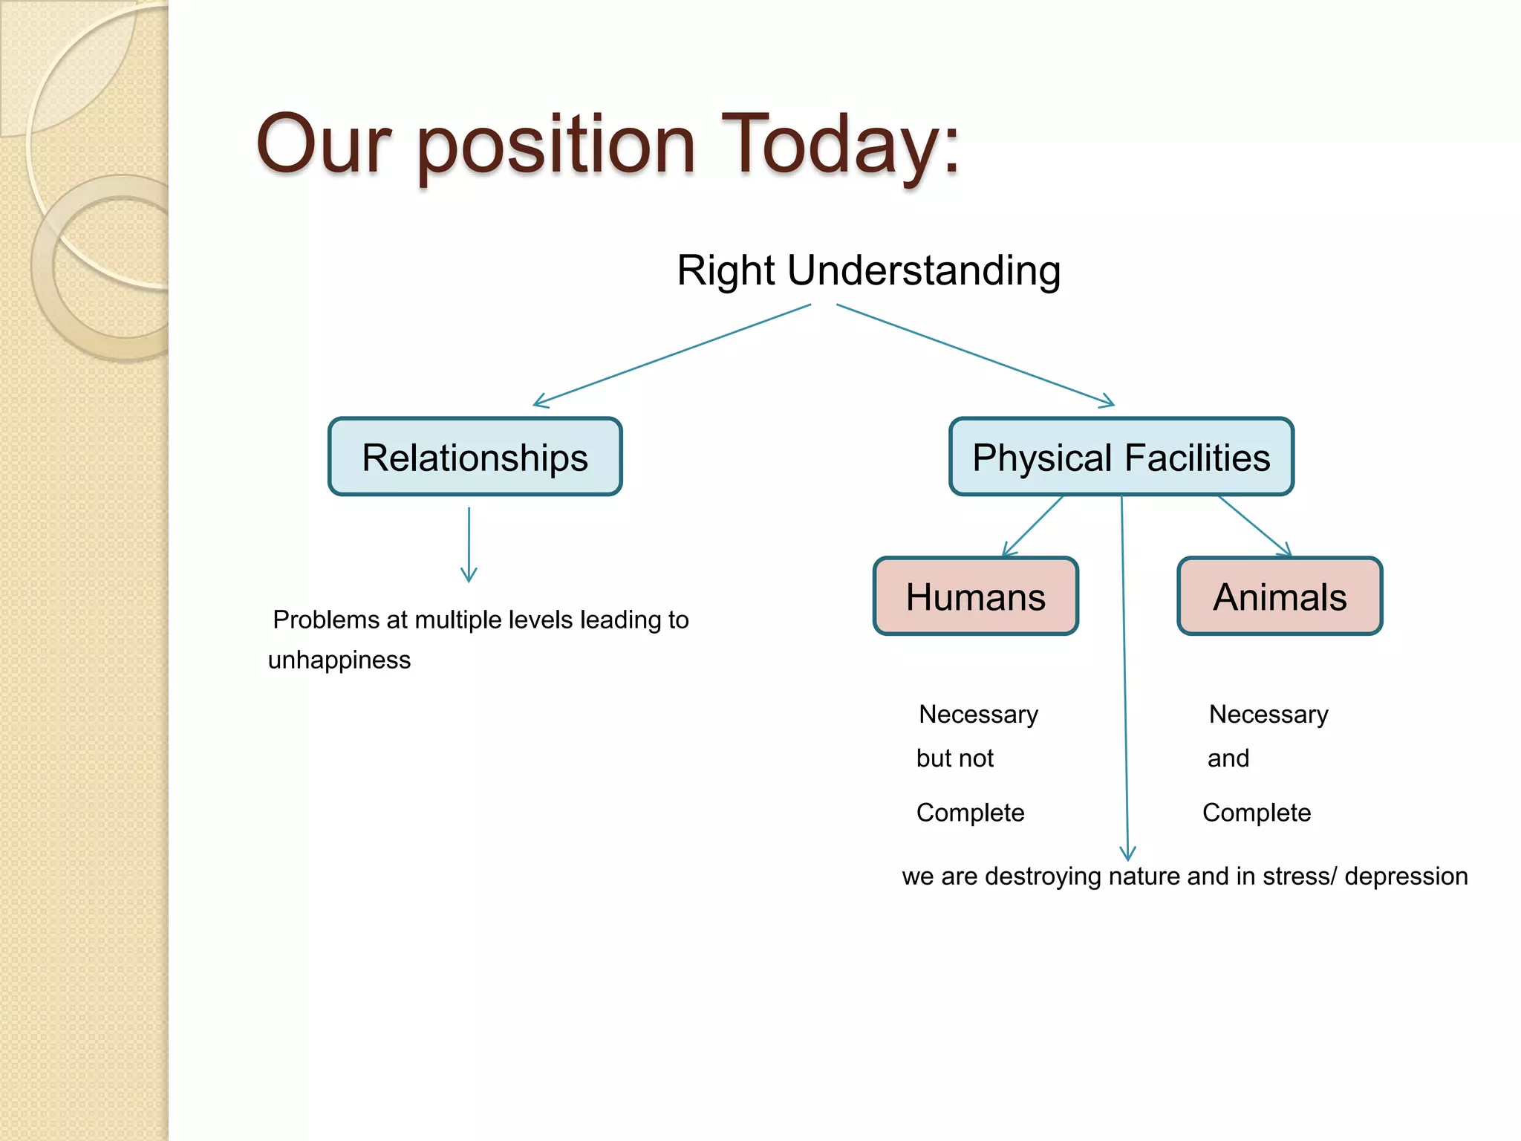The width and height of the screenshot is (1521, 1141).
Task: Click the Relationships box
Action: pos(475,457)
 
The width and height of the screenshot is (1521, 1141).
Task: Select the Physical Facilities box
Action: pos(1121,457)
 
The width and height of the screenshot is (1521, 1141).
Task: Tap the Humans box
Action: pos(975,596)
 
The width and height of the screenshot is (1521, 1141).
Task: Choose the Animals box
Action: pos(1279,596)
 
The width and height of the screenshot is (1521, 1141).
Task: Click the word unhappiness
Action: pos(339,660)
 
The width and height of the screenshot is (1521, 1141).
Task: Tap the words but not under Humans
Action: pos(954,758)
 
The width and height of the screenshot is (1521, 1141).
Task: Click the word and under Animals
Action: pos(1228,758)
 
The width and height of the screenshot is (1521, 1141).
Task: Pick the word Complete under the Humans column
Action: pos(970,813)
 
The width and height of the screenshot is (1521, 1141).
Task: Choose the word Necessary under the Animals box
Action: pos(1268,715)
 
